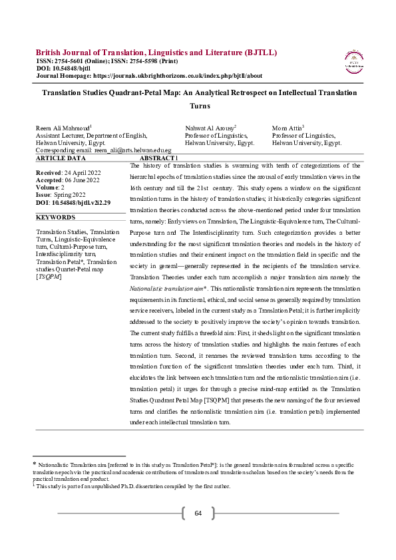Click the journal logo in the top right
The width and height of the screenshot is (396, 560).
point(353,61)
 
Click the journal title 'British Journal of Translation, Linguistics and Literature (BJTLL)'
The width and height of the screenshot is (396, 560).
point(156,53)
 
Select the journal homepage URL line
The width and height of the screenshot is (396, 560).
point(149,76)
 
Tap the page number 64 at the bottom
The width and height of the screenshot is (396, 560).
point(198,513)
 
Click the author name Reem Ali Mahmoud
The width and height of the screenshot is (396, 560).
point(63,127)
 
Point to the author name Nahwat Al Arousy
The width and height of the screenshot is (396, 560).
point(210,127)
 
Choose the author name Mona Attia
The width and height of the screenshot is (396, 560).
point(288,127)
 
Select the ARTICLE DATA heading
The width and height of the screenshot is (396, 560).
point(61,158)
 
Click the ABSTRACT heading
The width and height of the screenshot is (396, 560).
point(158,158)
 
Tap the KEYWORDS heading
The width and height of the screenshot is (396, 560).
point(55,217)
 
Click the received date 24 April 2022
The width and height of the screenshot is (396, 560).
point(70,172)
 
